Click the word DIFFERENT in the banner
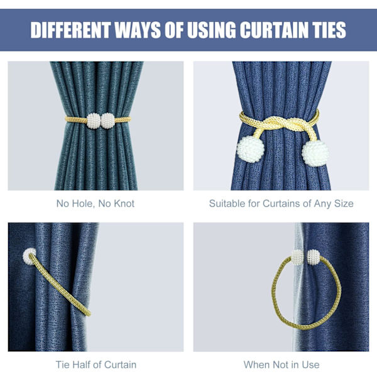click(70, 30)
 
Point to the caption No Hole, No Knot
click(96, 204)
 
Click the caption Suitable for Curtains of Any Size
click(281, 204)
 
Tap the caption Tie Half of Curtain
click(96, 364)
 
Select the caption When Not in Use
click(281, 364)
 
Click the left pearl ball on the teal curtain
click(94, 121)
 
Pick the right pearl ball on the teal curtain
click(107, 121)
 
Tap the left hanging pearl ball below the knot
click(251, 149)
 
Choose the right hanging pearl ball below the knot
click(315, 153)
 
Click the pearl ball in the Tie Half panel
click(30, 256)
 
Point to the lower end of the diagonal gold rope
click(89, 314)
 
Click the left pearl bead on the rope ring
click(297, 257)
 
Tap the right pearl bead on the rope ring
click(314, 257)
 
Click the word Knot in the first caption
click(124, 204)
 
